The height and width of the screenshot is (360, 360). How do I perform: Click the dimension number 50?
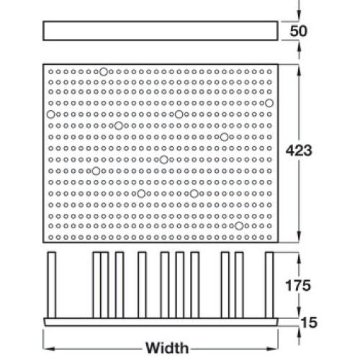coord(298,31)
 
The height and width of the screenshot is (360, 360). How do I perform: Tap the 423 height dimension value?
coord(299,150)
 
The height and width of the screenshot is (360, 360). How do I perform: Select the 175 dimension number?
coord(298,285)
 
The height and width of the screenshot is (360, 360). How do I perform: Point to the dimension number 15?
coord(309,323)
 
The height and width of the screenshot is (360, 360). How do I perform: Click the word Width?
coord(167,348)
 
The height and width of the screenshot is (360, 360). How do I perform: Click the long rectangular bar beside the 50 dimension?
coord(161,31)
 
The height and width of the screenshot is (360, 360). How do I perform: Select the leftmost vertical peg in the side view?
coord(52,285)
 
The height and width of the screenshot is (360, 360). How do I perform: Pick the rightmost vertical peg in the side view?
coord(269,285)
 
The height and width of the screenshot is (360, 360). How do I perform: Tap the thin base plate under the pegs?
coord(161,322)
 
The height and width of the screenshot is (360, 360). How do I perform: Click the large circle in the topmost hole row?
coord(104,71)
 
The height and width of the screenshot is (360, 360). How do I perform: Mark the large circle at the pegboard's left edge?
coord(50,114)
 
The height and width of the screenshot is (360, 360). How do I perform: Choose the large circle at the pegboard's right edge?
coord(269,103)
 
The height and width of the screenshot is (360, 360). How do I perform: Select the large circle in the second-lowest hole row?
coord(239,226)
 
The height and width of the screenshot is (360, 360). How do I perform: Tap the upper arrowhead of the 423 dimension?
coord(299,71)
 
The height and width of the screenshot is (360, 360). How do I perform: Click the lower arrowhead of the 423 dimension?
coord(299,236)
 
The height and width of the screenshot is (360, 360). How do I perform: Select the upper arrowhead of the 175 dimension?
coord(299,258)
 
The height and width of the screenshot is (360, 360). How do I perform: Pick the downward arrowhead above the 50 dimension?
coord(299,15)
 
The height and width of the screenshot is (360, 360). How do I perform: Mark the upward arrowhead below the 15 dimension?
coord(299,332)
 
